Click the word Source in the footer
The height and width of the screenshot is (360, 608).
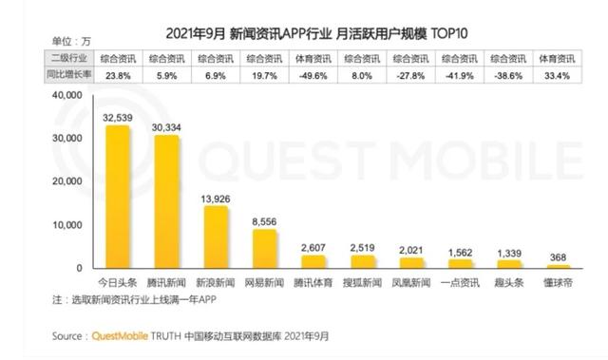pyautogui.click(x=67, y=335)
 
